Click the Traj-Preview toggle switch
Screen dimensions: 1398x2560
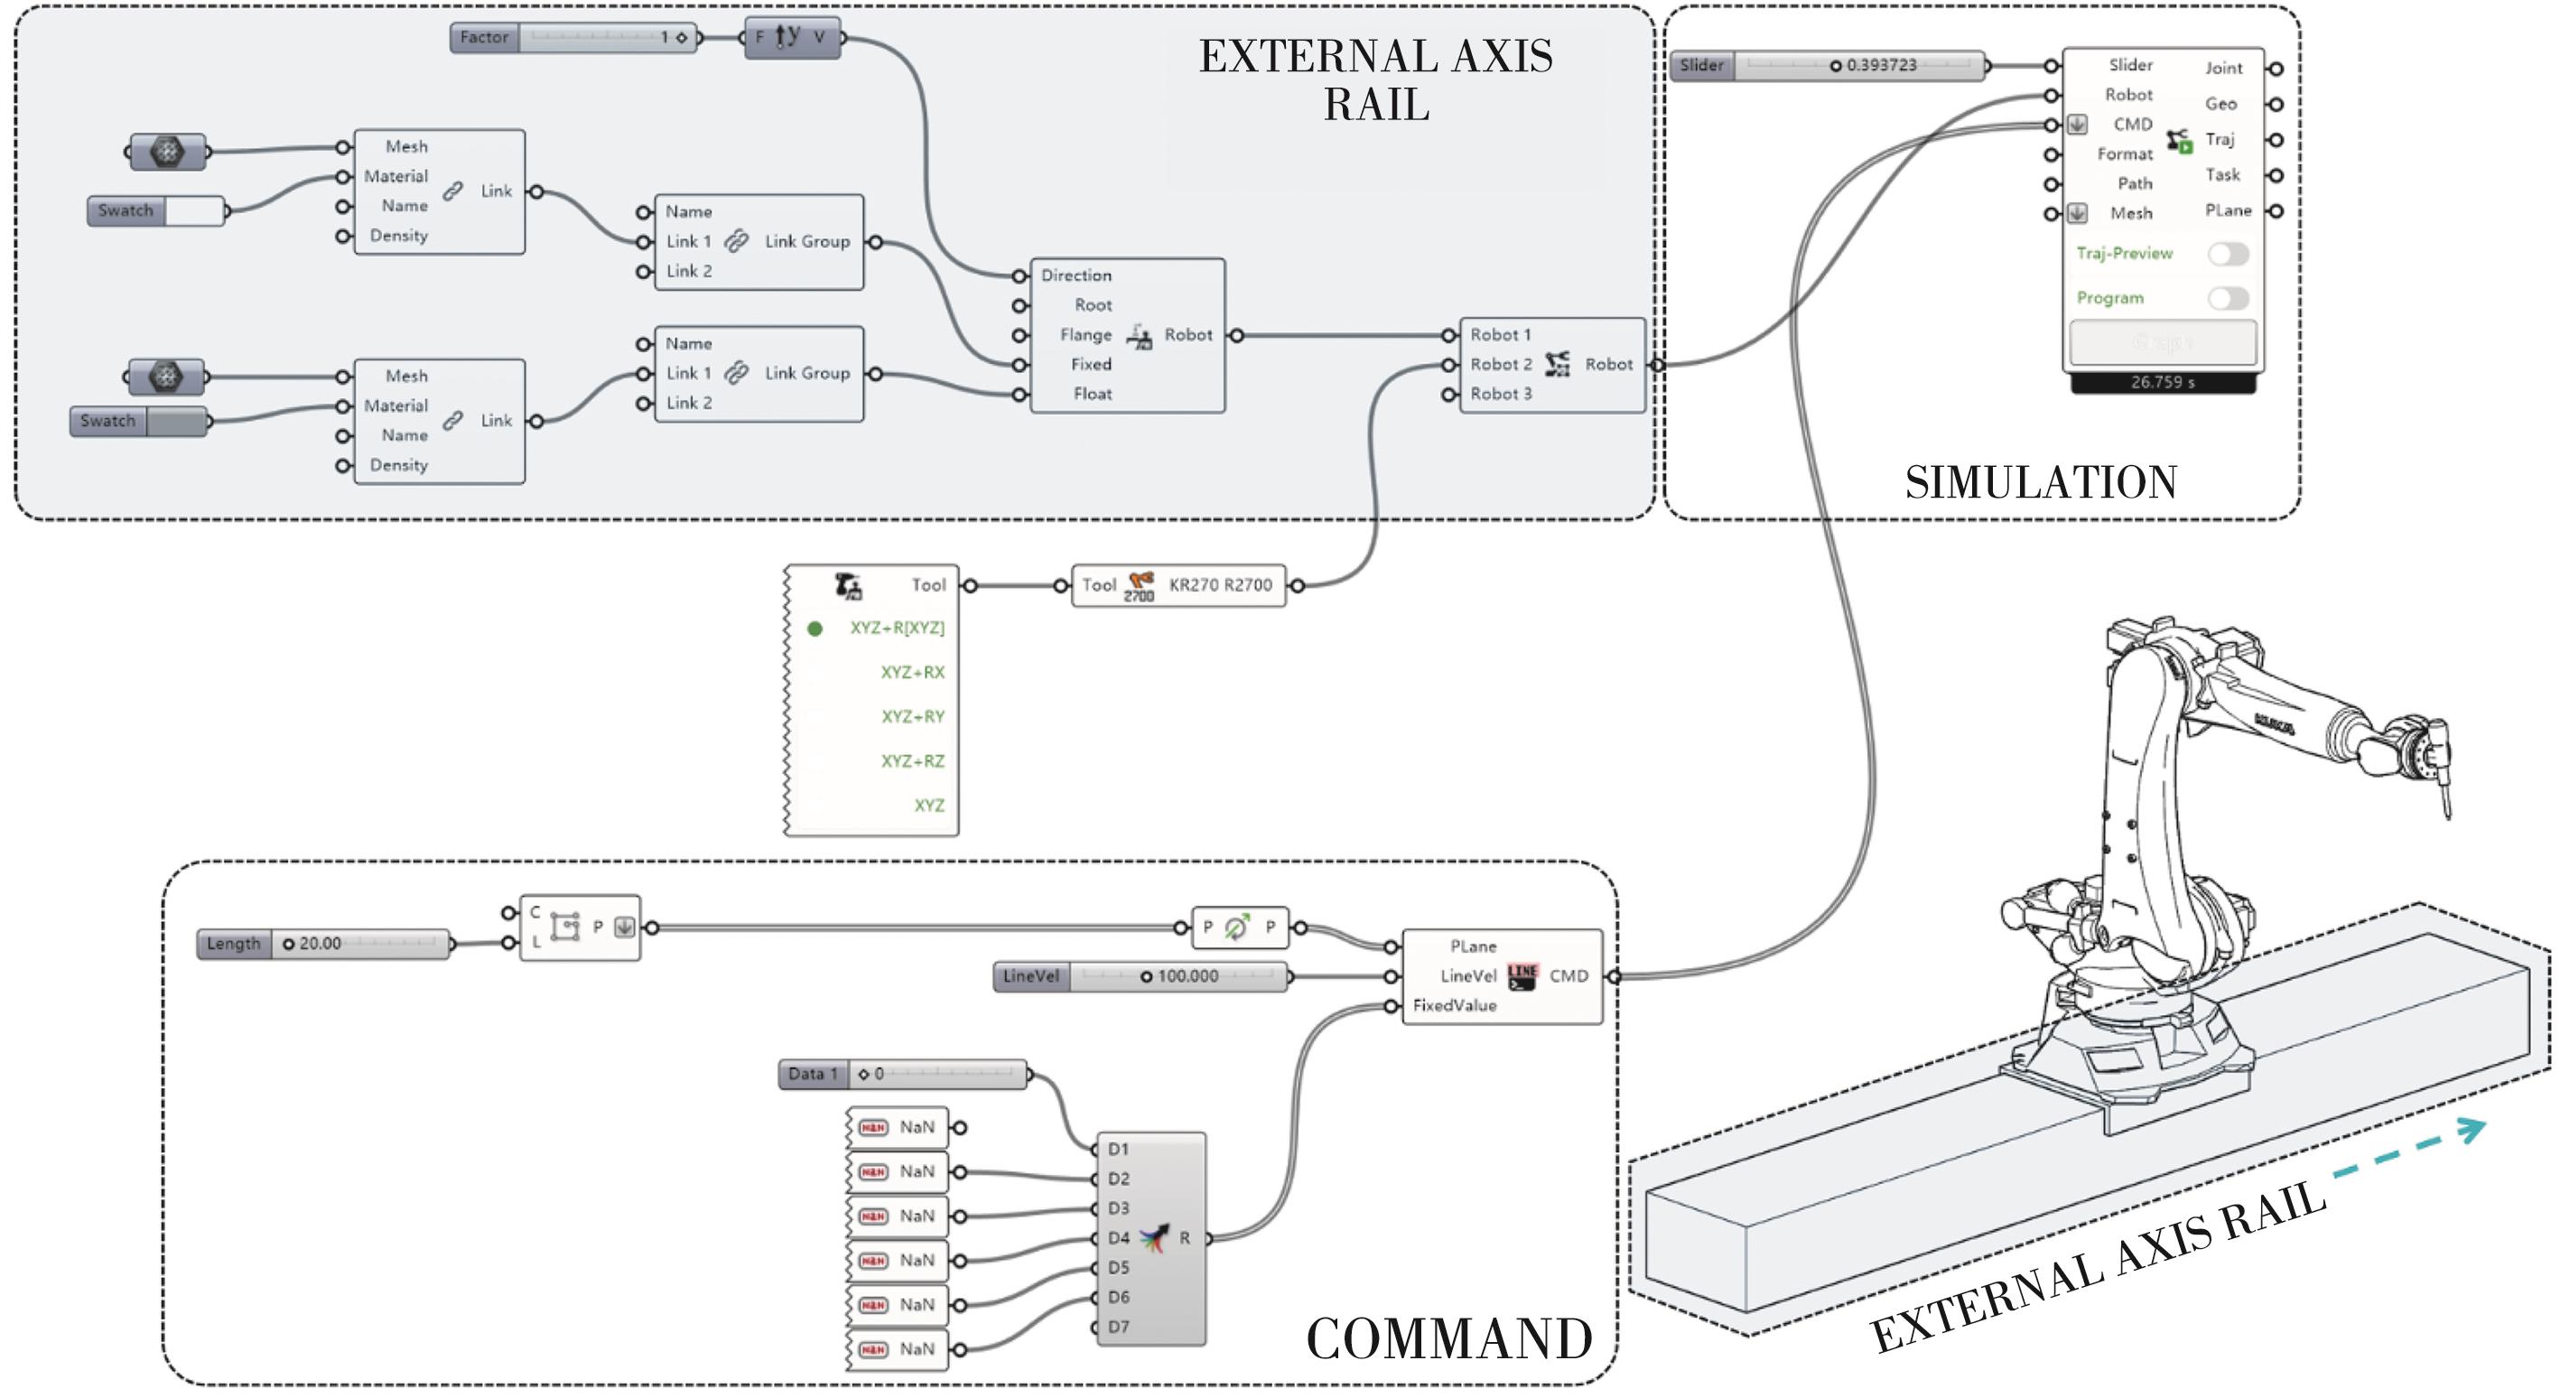pyautogui.click(x=2227, y=254)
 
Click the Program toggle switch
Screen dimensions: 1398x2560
pyautogui.click(x=2227, y=298)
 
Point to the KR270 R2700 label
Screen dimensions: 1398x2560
pyautogui.click(x=1219, y=585)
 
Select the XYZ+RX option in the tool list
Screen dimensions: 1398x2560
pyautogui.click(x=911, y=672)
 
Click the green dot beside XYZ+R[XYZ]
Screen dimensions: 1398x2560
pyautogui.click(x=815, y=628)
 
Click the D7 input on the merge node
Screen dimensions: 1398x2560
pyautogui.click(x=1118, y=1327)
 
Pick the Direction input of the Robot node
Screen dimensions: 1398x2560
pyautogui.click(x=1075, y=275)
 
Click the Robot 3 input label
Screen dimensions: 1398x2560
pyautogui.click(x=1501, y=394)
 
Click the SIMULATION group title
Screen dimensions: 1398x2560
pyautogui.click(x=2040, y=483)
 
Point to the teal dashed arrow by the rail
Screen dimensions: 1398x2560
pyautogui.click(x=2409, y=1149)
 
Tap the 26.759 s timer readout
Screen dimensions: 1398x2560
pyautogui.click(x=2163, y=383)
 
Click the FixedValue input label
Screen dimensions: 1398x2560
pyautogui.click(x=1454, y=1005)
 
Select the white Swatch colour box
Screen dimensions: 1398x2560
pyautogui.click(x=194, y=210)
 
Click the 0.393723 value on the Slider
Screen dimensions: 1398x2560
pyautogui.click(x=1881, y=66)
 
